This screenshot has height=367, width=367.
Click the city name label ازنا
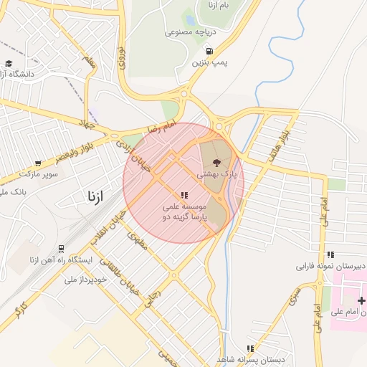(95, 196)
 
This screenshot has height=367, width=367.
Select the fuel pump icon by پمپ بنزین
(209, 51)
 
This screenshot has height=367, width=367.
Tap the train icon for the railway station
(62, 249)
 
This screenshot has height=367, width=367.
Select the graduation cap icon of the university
(8, 63)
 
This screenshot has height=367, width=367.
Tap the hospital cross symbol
(361, 301)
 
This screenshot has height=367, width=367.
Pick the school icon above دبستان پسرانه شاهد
(250, 348)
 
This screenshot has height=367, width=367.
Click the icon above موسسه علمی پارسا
(184, 194)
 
